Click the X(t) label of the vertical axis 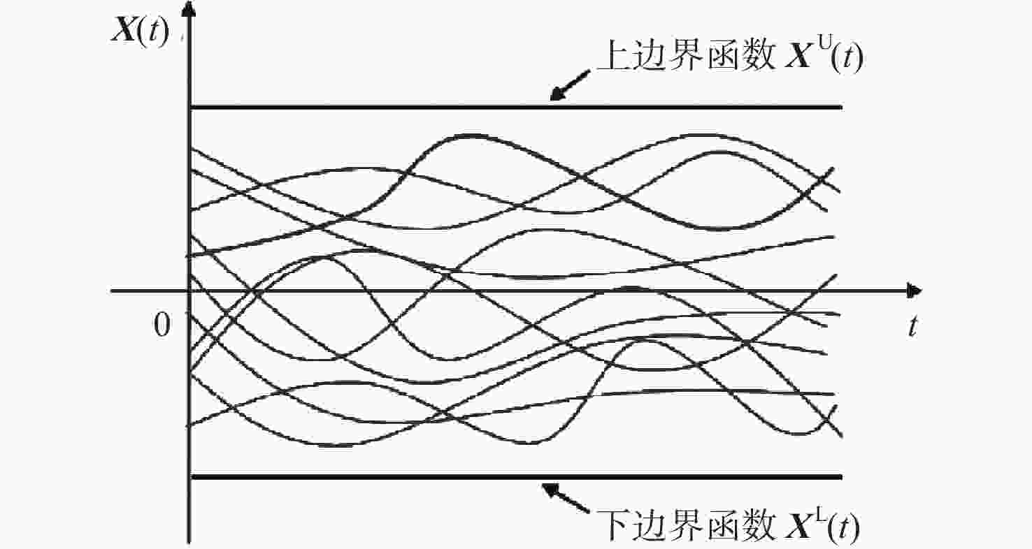[x=141, y=32]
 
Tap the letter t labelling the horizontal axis [x=912, y=326]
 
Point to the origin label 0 [x=162, y=325]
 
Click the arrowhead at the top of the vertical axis [x=188, y=9]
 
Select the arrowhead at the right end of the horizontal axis [x=914, y=291]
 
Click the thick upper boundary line [x=517, y=108]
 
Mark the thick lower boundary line [x=517, y=477]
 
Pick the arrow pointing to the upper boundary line [x=570, y=85]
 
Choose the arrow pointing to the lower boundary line [x=566, y=498]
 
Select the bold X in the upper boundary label [x=799, y=57]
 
